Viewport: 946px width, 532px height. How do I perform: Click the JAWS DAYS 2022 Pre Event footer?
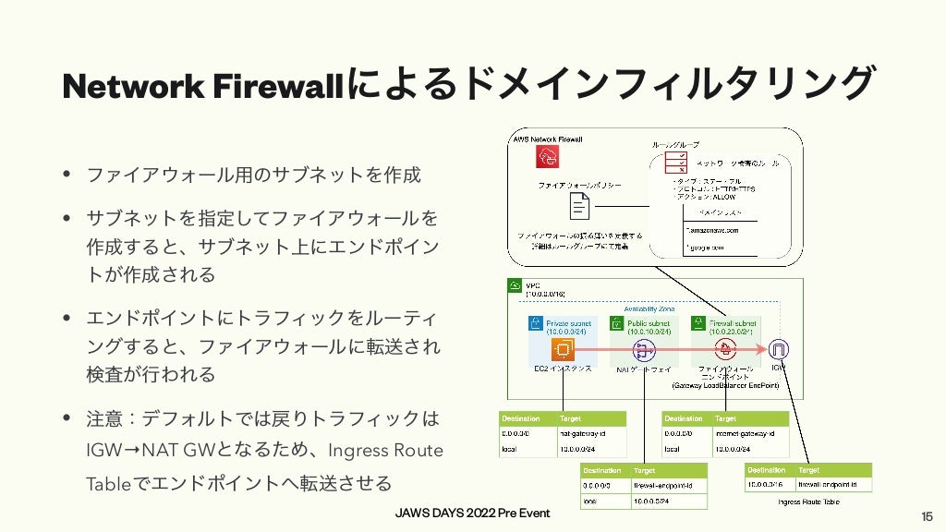tap(472, 513)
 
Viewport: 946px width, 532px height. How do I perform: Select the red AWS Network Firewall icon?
tap(549, 158)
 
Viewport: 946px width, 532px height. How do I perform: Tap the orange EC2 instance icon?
tap(559, 349)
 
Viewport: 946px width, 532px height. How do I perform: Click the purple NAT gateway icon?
tap(643, 350)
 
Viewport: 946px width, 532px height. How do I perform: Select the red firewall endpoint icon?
tap(726, 349)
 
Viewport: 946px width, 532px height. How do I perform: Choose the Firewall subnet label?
tap(733, 323)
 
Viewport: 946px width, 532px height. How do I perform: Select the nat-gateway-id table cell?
tap(584, 432)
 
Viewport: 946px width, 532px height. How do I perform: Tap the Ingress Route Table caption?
tap(808, 502)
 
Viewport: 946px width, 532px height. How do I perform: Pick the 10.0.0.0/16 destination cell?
tap(767, 485)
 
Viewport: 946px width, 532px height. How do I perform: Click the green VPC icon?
tap(516, 287)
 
